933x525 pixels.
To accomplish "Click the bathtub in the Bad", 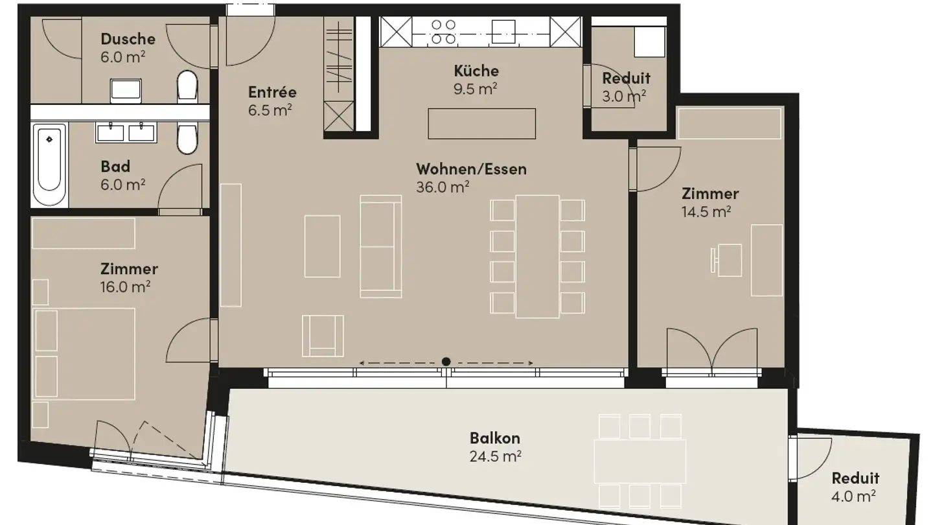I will click(50, 165).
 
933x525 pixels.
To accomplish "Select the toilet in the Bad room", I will click(187, 139).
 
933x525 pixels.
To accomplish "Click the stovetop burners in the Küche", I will click(443, 31).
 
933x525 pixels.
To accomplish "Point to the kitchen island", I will click(481, 123).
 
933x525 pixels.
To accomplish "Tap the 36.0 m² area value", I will click(442, 187).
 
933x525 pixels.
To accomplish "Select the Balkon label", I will click(495, 438).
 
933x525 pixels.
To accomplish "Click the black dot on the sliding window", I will click(446, 362).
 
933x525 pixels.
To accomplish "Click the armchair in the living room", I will click(322, 334).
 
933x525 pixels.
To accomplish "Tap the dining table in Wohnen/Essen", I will click(537, 256).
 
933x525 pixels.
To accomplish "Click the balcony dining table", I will click(639, 461).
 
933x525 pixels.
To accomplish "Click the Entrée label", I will click(272, 91).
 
